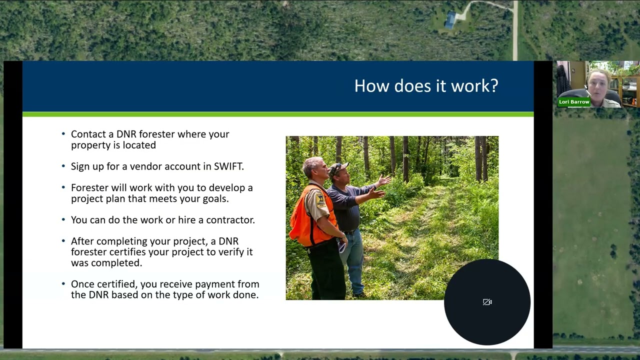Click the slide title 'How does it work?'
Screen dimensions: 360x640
point(426,86)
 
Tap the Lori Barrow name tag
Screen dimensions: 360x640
point(574,102)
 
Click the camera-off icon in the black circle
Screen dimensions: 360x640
point(487,302)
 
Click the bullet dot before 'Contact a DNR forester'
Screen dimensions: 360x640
point(63,134)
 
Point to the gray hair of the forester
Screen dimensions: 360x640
point(312,163)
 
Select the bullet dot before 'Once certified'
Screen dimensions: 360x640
point(63,283)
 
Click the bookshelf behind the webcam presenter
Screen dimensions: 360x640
point(629,90)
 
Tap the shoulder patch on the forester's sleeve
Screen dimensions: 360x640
point(320,200)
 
